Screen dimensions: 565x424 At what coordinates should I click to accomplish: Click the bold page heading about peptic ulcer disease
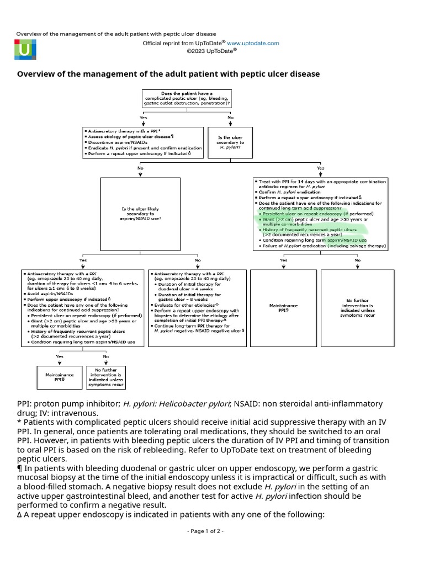[168, 74]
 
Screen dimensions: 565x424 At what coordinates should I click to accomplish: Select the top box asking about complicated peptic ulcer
[187, 98]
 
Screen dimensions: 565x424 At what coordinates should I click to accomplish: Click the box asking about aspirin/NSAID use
[141, 214]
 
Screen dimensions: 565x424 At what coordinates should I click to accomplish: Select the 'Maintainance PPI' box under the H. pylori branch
[283, 307]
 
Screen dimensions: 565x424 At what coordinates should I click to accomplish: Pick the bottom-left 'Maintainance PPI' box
[59, 377]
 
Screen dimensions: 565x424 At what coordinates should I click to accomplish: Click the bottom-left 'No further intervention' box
[105, 377]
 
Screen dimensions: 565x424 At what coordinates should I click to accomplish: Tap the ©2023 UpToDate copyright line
[211, 50]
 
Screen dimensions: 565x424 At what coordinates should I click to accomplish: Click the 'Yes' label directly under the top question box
[144, 118]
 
